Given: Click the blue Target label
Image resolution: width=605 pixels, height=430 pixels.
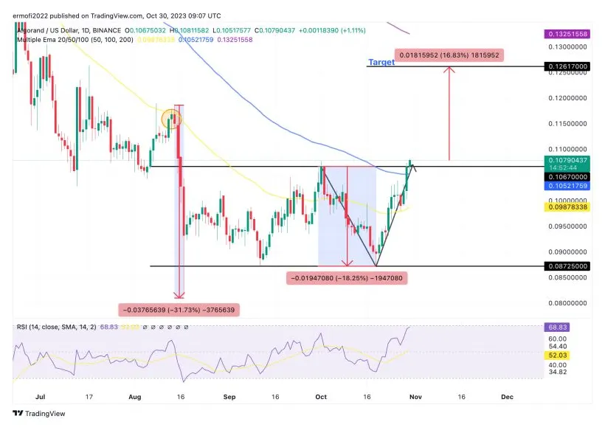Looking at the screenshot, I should tap(381, 63).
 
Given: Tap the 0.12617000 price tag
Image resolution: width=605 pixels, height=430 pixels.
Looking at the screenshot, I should tap(567, 66).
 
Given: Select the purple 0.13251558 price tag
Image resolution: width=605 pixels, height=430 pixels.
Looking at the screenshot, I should tap(567, 35).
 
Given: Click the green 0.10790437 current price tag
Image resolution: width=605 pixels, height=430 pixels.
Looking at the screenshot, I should tap(567, 159).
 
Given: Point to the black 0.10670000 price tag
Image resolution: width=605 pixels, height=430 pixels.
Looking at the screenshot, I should tap(567, 177).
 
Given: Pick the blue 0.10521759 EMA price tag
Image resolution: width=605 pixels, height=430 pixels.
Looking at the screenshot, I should tap(567, 186).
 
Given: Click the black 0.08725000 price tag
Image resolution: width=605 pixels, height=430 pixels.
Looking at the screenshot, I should tap(567, 266).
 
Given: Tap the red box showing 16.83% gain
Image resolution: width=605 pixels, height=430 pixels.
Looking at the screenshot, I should tap(449, 55).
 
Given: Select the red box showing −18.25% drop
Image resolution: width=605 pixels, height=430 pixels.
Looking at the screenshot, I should tap(347, 278).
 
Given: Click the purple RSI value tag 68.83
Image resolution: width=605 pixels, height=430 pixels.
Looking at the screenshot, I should tap(559, 326).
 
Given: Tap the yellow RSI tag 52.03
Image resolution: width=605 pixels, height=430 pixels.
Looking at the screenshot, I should tap(559, 355).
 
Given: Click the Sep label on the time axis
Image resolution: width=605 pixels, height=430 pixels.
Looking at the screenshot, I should tap(229, 396).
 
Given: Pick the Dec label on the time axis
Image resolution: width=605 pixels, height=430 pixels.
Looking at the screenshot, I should tap(507, 396).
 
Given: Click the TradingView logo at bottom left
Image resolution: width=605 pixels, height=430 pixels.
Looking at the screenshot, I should tap(38, 413).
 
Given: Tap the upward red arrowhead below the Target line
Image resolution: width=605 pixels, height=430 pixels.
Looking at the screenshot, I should tap(449, 70).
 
